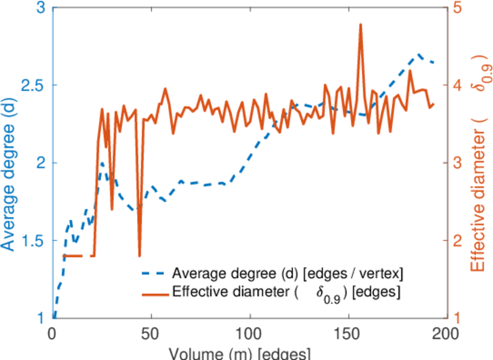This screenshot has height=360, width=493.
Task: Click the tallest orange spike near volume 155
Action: tap(360, 25)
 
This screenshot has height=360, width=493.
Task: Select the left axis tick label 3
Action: tap(41, 8)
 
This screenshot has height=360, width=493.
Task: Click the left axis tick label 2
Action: tap(41, 163)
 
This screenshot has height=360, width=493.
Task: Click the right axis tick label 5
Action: tap(458, 8)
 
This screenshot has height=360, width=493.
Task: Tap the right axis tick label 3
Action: tap(458, 163)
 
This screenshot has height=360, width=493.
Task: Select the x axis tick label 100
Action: tap(249, 332)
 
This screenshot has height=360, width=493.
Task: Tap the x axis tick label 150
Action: tap(347, 332)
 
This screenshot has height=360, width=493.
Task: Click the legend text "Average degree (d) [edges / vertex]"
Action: tap(287, 274)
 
